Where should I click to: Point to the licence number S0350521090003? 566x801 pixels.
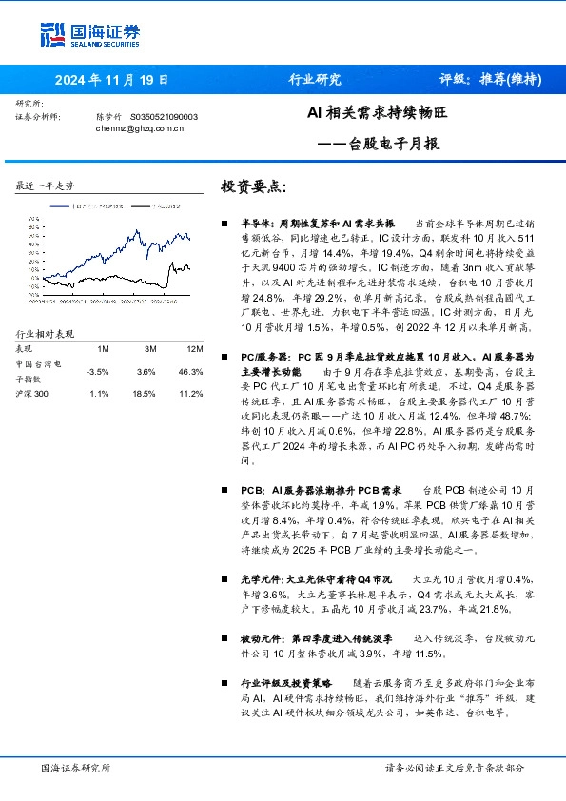pyautogui.click(x=163, y=116)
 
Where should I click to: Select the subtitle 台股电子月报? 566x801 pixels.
pyautogui.click(x=398, y=144)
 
